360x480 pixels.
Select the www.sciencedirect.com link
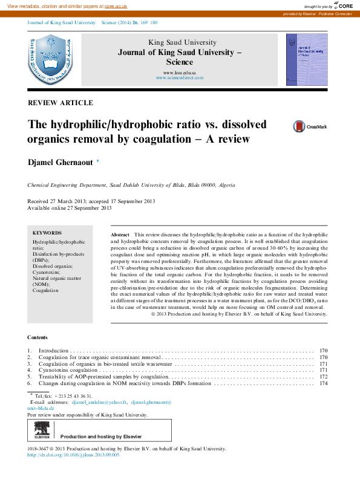click(x=179, y=78)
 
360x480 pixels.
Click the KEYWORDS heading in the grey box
click(x=47, y=233)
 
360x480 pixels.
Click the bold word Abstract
click(x=120, y=234)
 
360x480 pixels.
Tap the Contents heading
click(x=38, y=337)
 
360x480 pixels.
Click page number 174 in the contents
click(x=323, y=383)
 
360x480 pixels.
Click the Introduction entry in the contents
click(x=54, y=351)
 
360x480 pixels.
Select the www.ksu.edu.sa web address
click(x=179, y=72)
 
